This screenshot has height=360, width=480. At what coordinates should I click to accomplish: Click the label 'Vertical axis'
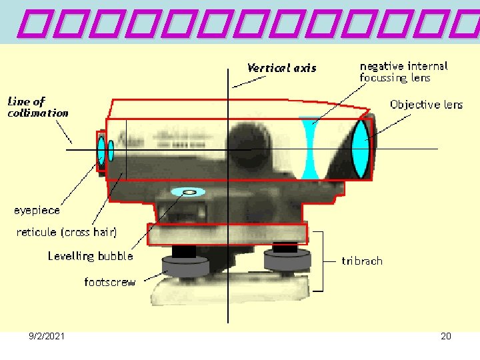(x=281, y=68)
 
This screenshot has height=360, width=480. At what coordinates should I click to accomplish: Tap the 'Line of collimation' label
(x=37, y=107)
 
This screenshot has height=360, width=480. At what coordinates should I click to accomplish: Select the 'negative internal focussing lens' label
(x=403, y=72)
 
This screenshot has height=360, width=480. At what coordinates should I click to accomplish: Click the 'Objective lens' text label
(x=426, y=105)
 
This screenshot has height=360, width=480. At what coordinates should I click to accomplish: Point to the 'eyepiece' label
(x=37, y=211)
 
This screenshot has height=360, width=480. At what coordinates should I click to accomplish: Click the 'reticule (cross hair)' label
(x=67, y=233)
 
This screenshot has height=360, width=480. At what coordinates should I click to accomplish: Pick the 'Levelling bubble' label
(x=90, y=256)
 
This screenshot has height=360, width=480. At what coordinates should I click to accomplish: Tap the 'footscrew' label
(x=110, y=283)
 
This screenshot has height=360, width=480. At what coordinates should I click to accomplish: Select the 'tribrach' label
(x=362, y=261)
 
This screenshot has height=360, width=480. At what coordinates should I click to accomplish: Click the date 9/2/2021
(x=47, y=337)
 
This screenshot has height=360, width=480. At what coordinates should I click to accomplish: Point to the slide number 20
(x=446, y=337)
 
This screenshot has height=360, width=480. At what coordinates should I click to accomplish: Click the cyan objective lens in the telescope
(x=360, y=149)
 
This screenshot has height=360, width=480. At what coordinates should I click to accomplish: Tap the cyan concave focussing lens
(x=308, y=149)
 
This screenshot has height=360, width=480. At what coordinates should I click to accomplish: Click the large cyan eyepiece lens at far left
(x=101, y=151)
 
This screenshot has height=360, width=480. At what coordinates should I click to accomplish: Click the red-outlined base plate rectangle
(x=227, y=234)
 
